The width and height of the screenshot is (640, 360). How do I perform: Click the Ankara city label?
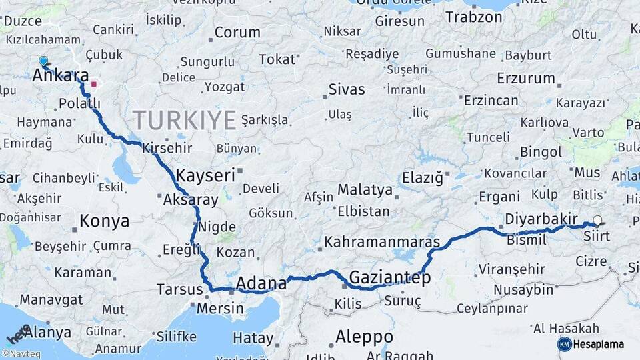[x=61, y=75]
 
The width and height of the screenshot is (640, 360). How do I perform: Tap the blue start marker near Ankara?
[x=43, y=61]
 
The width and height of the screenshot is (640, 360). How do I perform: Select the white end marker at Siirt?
[x=597, y=221]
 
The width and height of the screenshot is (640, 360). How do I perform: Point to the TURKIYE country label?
[x=184, y=121]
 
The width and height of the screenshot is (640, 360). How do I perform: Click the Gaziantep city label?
[x=390, y=277]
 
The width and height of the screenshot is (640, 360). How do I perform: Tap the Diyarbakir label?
[x=541, y=219]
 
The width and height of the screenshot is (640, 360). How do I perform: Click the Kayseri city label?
[x=205, y=175]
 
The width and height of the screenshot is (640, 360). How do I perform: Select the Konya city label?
[x=104, y=221]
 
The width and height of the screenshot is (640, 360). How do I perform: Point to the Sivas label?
[x=347, y=89]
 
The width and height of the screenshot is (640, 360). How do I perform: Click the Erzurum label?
[x=526, y=78]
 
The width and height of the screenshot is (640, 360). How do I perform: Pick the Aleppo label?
[x=364, y=335]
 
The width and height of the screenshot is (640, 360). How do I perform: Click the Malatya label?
[x=365, y=190]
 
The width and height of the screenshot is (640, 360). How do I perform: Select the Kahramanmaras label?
[x=383, y=241]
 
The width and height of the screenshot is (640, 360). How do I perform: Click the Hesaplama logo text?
[x=598, y=344]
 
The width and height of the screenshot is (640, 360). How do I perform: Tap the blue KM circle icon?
[x=564, y=344]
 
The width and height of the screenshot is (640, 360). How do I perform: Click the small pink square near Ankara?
[x=94, y=84]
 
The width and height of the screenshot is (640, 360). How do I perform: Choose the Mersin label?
[x=220, y=309]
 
